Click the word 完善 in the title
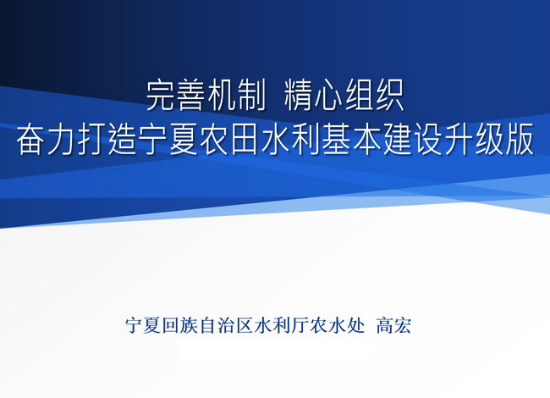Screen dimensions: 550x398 [176, 97]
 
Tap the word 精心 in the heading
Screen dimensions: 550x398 [314, 97]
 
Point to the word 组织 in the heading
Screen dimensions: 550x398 [375, 97]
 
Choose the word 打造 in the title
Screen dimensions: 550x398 [107, 140]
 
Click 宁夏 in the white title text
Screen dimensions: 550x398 [168, 140]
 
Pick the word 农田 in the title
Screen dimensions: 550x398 [230, 140]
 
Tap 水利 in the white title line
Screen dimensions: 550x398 [291, 140]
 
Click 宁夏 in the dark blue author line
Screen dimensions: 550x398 [144, 326]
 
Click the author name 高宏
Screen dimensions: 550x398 [393, 326]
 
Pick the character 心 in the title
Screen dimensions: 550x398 [328, 97]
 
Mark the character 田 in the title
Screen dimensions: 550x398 [245, 141]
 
